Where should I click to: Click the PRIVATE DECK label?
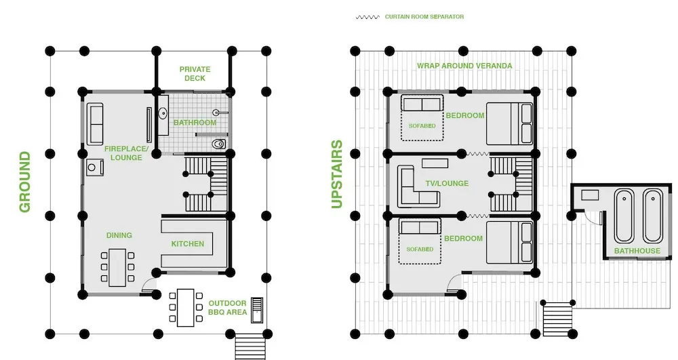(195, 73)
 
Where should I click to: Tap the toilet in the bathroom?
(219, 144)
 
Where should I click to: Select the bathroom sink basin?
(163, 114)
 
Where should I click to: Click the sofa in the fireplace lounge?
(95, 124)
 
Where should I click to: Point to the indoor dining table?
(117, 268)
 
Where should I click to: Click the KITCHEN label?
(188, 244)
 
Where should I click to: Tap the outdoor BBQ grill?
(257, 310)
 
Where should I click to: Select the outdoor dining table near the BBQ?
(186, 308)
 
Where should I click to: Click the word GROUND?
(24, 182)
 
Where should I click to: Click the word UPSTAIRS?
(337, 174)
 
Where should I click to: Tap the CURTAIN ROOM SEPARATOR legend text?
(424, 17)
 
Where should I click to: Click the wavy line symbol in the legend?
(367, 17)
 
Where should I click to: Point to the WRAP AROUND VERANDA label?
(464, 66)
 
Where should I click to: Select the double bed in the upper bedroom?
(509, 123)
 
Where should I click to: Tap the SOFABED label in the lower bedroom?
(420, 249)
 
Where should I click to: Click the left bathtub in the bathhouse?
(624, 216)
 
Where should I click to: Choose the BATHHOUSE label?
(637, 251)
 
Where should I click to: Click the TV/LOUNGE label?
(447, 183)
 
